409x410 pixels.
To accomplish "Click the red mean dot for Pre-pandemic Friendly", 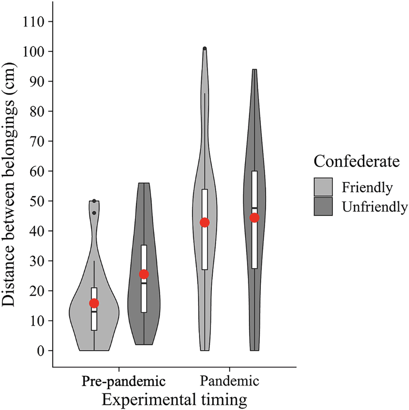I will coord(94,303).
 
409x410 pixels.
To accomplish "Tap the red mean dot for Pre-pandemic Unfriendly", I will coord(144,274).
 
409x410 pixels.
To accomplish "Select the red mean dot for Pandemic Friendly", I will coord(204,222).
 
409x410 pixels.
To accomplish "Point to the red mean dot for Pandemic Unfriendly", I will coord(254,217).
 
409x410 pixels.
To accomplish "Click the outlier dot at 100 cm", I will coord(204,49).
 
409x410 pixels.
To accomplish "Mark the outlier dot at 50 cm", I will coord(94,201).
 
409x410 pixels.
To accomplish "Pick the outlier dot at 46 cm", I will coord(94,213).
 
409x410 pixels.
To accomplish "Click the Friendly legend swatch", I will coord(324,187).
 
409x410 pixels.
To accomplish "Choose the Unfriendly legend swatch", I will coord(324,206).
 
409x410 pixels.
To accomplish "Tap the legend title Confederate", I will coord(356,162).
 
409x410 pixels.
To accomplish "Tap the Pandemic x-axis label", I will coord(230,382).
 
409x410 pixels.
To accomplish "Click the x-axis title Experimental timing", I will coord(174,399).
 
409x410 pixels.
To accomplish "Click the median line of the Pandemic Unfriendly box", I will coord(254,208).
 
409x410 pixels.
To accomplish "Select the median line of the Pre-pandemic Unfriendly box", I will coord(144,283).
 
